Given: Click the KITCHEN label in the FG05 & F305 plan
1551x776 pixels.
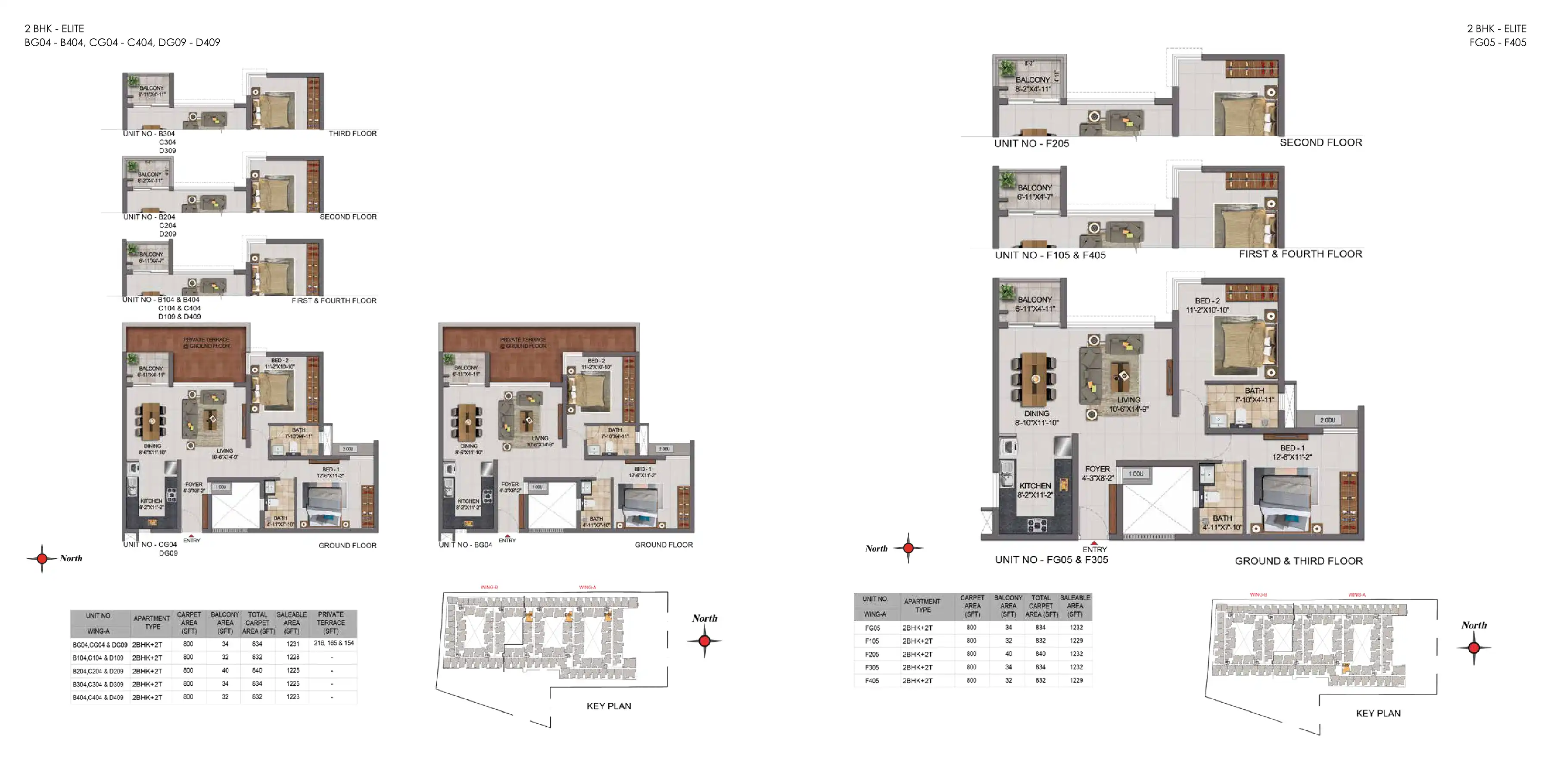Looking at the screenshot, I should tap(1035, 485).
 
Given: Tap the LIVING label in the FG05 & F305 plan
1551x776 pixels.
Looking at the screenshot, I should tap(1128, 400).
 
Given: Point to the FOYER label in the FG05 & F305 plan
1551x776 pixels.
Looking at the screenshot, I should tap(1097, 469).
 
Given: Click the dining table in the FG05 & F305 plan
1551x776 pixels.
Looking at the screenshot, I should tap(1035, 379).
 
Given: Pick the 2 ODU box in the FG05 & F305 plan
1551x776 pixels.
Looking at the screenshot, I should tap(1328, 420).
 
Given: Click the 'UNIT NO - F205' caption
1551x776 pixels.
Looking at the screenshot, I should tap(1031, 144).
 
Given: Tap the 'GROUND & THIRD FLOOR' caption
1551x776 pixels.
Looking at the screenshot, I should tap(1298, 561).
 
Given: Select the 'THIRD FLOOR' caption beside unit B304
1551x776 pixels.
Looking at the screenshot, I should tap(352, 134).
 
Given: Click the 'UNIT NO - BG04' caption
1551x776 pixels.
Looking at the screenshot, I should tap(465, 544).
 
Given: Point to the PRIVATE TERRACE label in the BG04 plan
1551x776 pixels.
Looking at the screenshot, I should tap(523, 343).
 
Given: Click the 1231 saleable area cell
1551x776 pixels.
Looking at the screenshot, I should tap(293, 644).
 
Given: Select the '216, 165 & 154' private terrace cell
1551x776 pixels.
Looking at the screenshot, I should tap(333, 644).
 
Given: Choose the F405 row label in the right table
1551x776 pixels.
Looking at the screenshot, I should tap(872, 681).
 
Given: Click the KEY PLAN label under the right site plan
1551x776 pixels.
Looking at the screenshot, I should tap(1378, 713).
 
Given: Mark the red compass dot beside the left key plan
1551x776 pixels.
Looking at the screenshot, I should tap(704, 641).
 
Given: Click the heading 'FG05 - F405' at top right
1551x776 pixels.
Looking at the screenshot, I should tap(1498, 43).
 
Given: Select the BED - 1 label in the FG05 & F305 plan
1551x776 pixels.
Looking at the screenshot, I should tap(1292, 448).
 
